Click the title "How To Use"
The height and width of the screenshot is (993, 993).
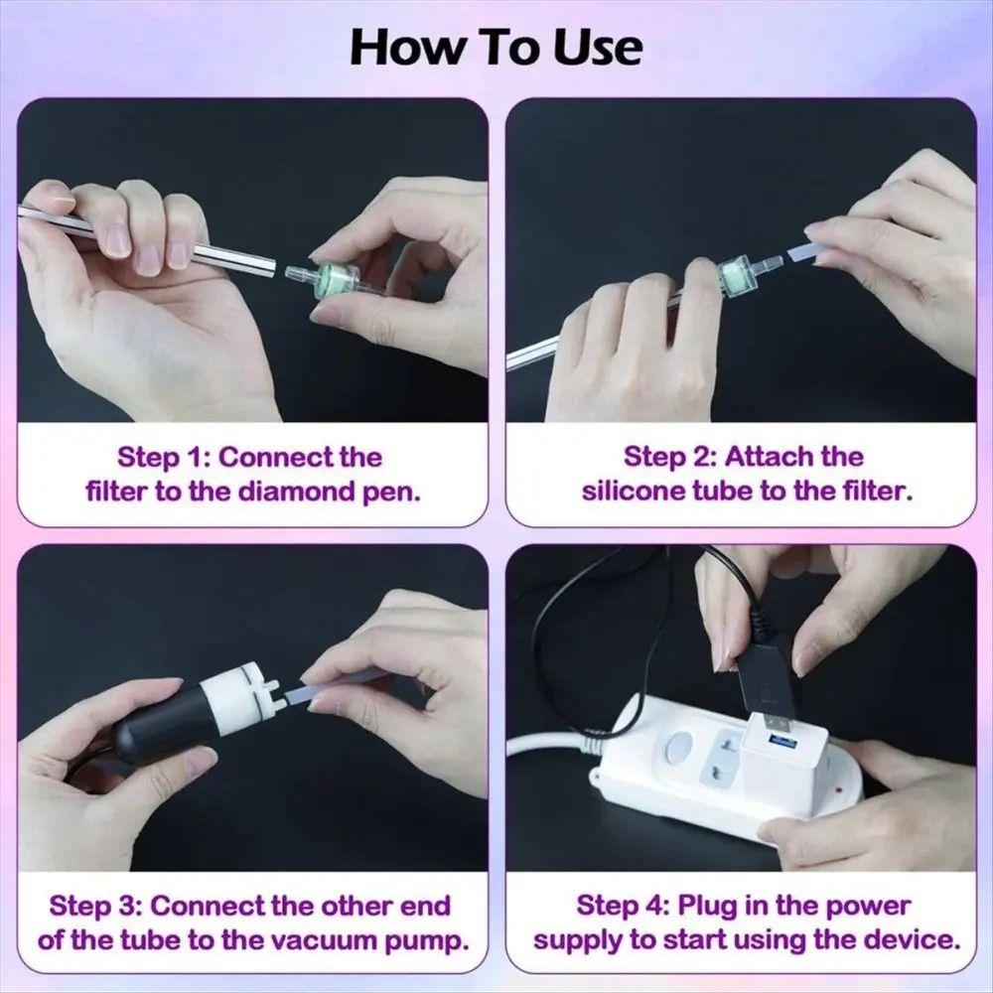click(x=496, y=47)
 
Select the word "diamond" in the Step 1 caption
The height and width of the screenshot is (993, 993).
click(x=293, y=492)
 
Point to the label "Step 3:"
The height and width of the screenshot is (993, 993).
click(x=96, y=906)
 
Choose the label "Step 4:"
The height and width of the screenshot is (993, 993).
click(x=623, y=906)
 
